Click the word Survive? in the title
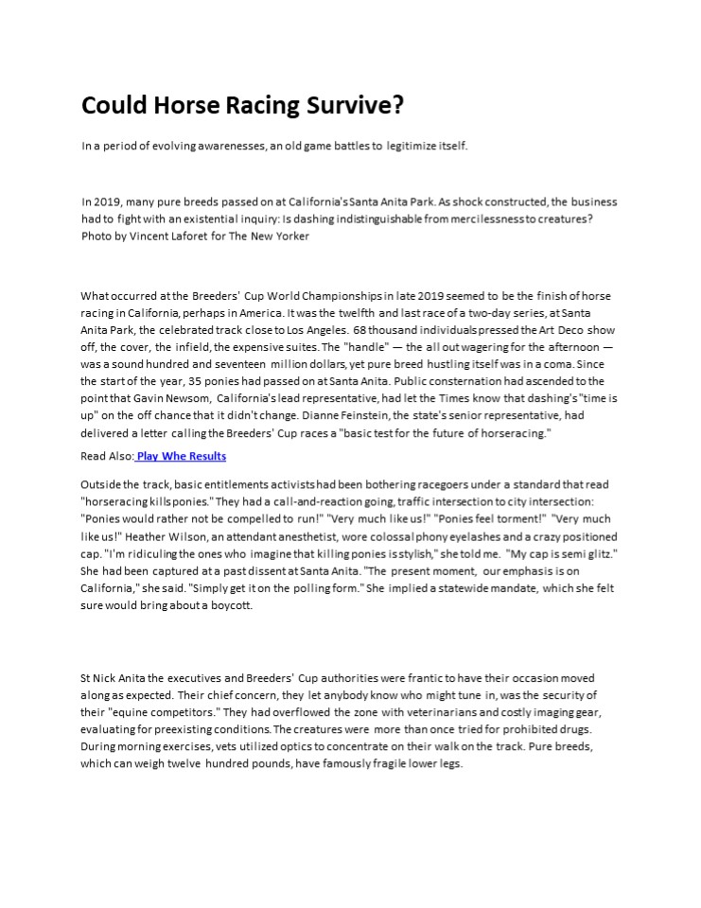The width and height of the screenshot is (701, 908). pyautogui.click(x=355, y=105)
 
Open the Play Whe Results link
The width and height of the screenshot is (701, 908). pyautogui.click(x=182, y=456)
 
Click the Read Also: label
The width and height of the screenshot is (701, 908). pyautogui.click(x=107, y=456)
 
